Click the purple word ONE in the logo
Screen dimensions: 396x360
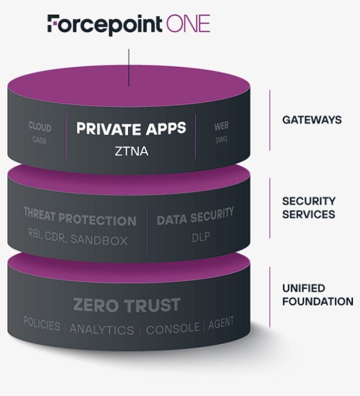point(189,24)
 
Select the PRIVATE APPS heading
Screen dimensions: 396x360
point(132,128)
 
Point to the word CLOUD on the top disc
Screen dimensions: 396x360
point(40,127)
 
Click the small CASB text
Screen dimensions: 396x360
point(39,139)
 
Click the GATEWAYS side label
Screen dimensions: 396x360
point(311,120)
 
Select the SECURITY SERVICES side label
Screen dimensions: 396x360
point(308,208)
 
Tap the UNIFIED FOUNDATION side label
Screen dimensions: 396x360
point(317,295)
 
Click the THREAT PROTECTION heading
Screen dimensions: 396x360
point(80,220)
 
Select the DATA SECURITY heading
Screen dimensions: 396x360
point(195,217)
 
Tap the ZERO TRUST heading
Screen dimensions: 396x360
point(126,305)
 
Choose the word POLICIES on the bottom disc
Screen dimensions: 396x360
point(42,324)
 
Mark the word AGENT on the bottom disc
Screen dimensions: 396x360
point(221,323)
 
